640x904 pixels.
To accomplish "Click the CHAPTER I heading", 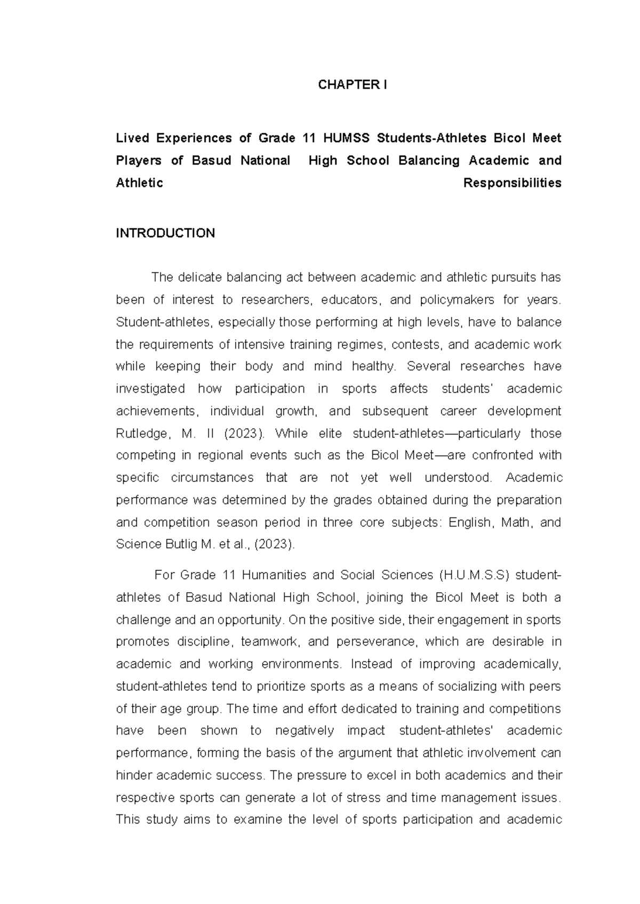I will [x=352, y=85].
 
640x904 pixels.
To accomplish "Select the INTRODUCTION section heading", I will [x=165, y=233].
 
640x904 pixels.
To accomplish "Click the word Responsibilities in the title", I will [x=512, y=183].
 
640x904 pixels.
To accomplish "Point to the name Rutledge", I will [x=141, y=433].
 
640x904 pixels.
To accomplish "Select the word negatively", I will [x=305, y=731].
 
